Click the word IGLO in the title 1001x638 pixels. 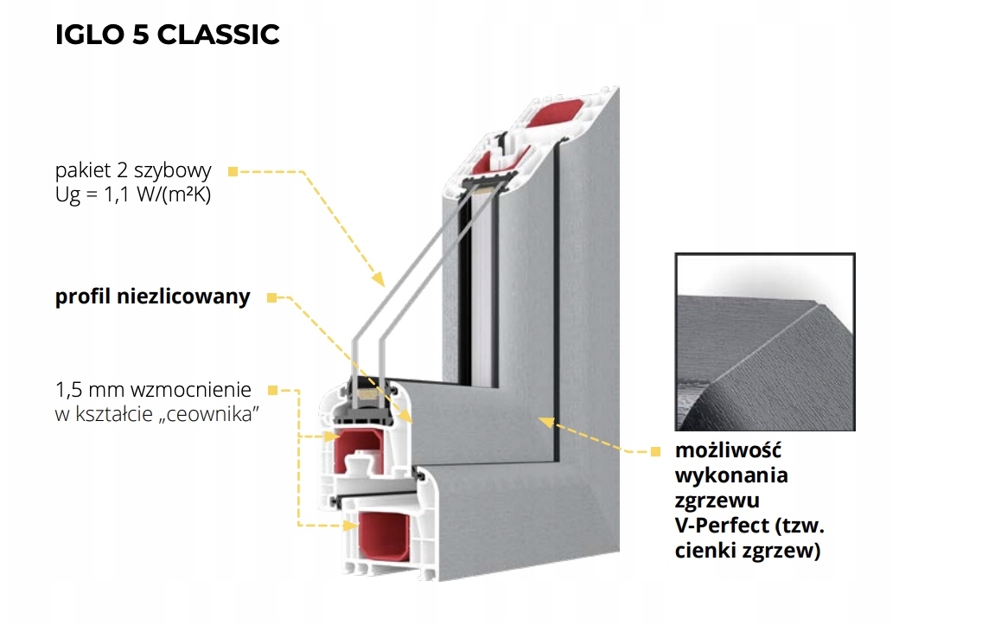(89, 35)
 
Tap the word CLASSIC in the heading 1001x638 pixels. (218, 35)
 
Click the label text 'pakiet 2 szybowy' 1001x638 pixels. (133, 170)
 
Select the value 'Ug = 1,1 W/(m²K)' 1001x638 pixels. (133, 195)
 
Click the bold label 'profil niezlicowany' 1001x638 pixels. (153, 297)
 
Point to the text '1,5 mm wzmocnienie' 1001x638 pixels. (153, 389)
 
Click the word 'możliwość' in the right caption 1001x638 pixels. (728, 450)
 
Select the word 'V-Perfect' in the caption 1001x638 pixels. (722, 525)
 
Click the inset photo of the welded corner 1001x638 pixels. (765, 341)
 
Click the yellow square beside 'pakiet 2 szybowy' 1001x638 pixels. (233, 171)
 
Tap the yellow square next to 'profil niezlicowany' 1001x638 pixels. (272, 297)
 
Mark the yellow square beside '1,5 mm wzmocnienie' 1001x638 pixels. (272, 390)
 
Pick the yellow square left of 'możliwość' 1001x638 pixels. (655, 451)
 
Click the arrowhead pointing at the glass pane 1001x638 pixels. (379, 279)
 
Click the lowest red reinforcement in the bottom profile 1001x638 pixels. (385, 536)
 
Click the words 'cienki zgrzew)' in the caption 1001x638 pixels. (748, 551)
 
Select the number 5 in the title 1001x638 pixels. (140, 35)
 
